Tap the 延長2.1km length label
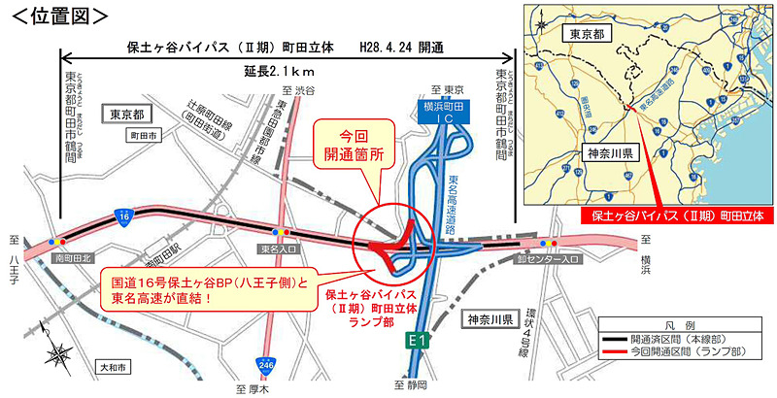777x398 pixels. click(x=285, y=72)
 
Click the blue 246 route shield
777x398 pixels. click(x=265, y=365)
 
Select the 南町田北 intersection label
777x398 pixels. click(x=75, y=260)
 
